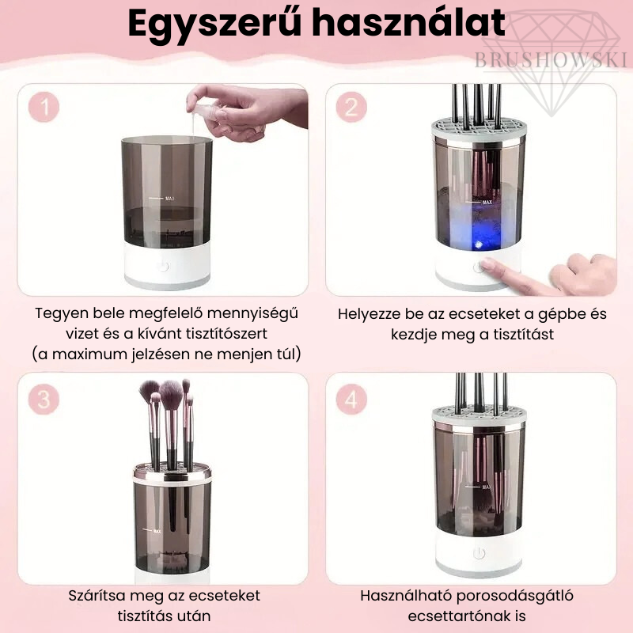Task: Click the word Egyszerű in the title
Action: coord(214,24)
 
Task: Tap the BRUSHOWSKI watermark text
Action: coord(550,60)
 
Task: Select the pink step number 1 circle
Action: coord(44,107)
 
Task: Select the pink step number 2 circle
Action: coord(351,107)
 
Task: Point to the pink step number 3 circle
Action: coord(44,399)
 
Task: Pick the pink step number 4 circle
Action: coord(351,399)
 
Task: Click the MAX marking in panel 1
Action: coord(169,199)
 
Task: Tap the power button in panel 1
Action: coord(163,267)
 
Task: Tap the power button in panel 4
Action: coord(479,553)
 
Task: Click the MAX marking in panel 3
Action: coord(157,531)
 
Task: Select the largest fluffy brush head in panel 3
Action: coord(171,393)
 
